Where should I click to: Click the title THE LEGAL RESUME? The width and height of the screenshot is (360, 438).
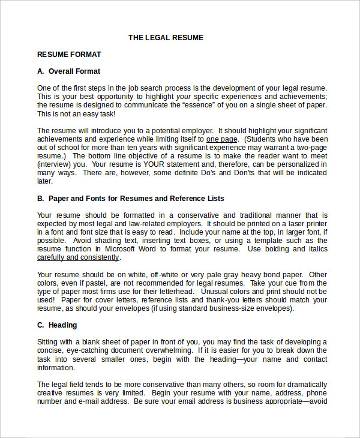(166, 38)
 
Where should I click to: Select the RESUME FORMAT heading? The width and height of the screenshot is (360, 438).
(69, 55)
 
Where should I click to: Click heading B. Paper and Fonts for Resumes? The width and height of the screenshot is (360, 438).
(130, 199)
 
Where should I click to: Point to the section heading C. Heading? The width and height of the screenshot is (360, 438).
(57, 325)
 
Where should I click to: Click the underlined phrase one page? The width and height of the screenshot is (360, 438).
(222, 139)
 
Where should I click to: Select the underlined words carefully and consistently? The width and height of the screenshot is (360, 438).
(78, 257)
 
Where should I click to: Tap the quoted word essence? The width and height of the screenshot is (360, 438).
(206, 105)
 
